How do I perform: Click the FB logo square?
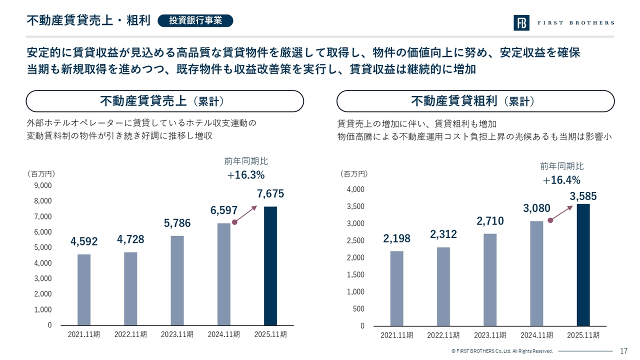point(521,23)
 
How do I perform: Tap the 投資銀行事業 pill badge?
point(195,20)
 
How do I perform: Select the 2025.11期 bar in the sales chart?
point(270,266)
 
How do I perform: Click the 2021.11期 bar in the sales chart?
point(84,289)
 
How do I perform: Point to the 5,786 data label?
point(177,223)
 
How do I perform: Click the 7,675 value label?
point(271,193)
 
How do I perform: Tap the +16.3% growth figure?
point(245,175)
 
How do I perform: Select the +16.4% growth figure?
point(561,180)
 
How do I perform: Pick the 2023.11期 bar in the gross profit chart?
point(490,280)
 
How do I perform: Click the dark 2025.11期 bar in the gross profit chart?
point(583,265)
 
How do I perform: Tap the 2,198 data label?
point(397,239)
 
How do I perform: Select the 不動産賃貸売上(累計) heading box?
point(164,101)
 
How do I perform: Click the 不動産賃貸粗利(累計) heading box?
point(475,101)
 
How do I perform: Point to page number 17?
point(623,351)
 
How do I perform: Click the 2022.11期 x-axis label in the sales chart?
point(130,334)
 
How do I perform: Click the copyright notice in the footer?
point(501,351)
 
